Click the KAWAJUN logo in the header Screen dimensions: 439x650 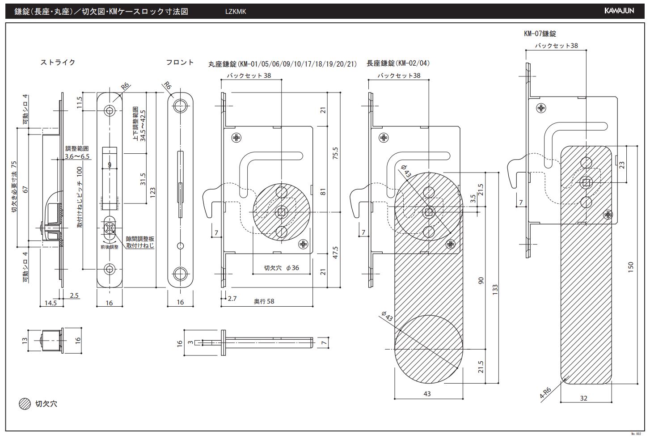pos(625,11)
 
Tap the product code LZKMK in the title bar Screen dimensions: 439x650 pos(236,12)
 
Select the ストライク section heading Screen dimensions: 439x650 pos(58,63)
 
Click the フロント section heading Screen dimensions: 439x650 pos(180,63)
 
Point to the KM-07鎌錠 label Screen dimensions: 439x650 pos(540,34)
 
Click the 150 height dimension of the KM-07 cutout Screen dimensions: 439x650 pos(631,267)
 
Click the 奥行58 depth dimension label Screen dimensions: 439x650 pos(264,301)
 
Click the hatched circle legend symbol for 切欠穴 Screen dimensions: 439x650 pos(25,404)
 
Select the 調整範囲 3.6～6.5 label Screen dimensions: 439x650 pos(77,152)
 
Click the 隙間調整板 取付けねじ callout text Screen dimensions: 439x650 pos(140,242)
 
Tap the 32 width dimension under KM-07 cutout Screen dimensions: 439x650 pos(583,398)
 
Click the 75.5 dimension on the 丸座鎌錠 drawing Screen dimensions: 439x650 pos(335,153)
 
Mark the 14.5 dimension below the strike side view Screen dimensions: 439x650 pos(51,303)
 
